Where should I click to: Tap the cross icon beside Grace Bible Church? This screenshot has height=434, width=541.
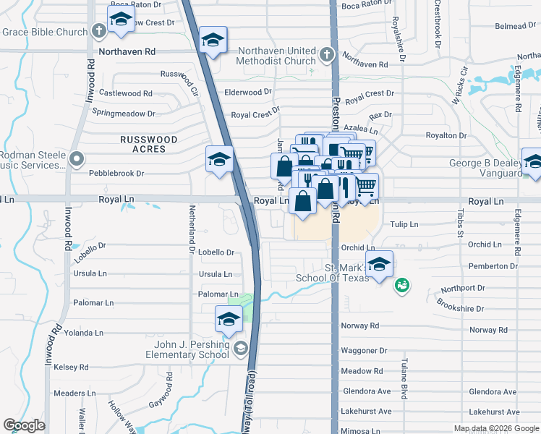pyautogui.click(x=100, y=31)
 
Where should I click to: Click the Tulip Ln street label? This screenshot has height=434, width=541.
pyautogui.click(x=404, y=225)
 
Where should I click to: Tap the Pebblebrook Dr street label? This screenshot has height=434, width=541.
pyautogui.click(x=116, y=174)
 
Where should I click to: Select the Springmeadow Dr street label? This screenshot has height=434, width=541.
pyautogui.click(x=124, y=114)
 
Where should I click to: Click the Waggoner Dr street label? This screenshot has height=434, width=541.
pyautogui.click(x=365, y=351)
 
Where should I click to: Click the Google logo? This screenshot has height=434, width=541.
pyautogui.click(x=25, y=425)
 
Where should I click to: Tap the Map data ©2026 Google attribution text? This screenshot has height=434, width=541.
pyautogui.click(x=496, y=428)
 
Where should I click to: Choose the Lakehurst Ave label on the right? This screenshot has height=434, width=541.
pyautogui.click(x=493, y=412)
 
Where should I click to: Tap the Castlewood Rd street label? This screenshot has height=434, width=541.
pyautogui.click(x=126, y=93)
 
